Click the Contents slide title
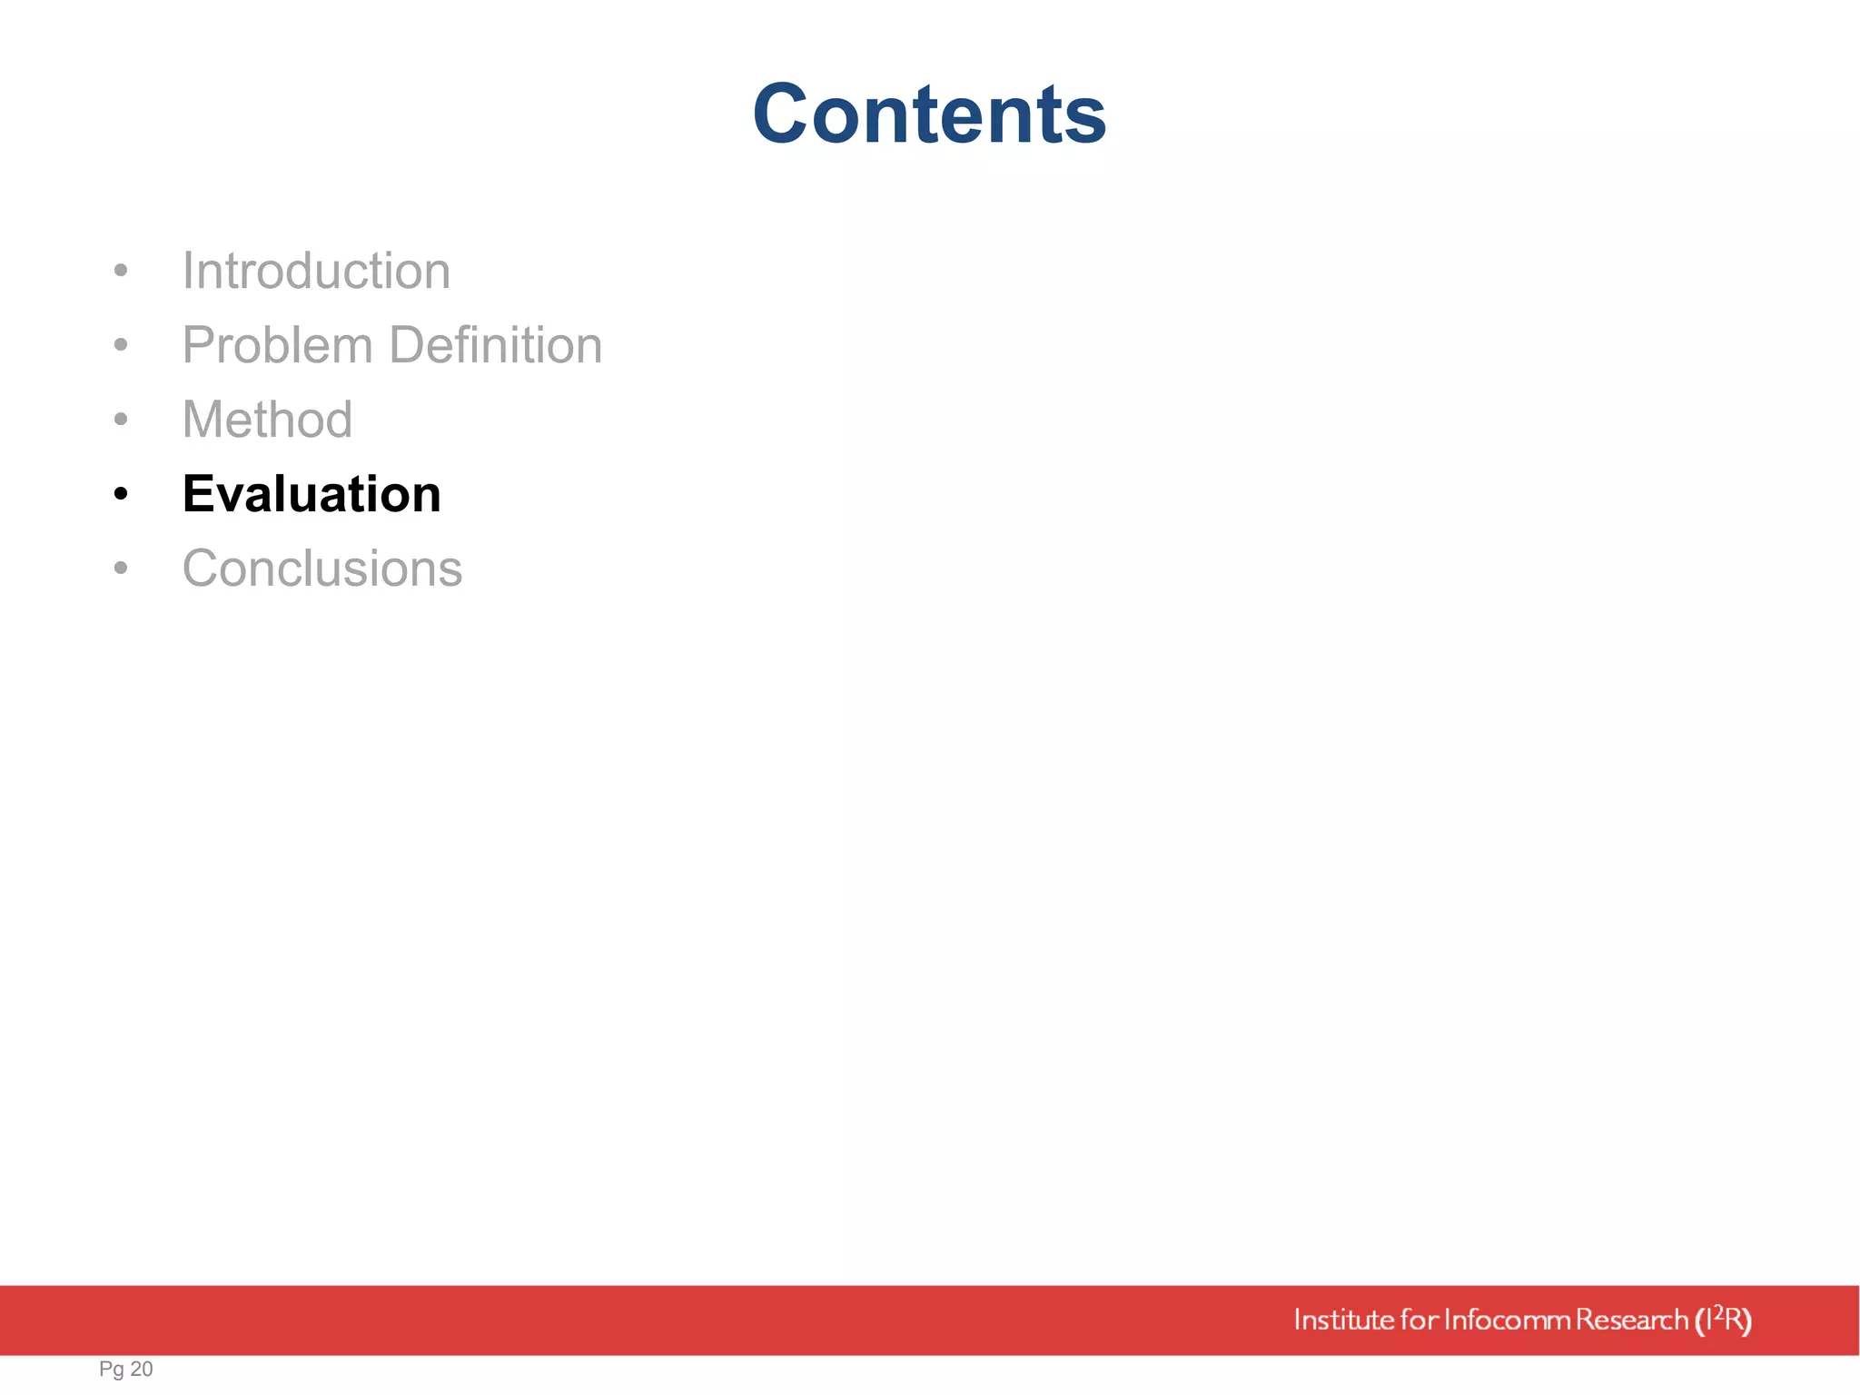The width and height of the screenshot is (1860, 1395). click(x=929, y=114)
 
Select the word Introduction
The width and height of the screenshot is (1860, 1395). click(x=316, y=271)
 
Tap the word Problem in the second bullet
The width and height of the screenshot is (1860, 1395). click(x=278, y=345)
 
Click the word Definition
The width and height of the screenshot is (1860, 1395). click(x=496, y=345)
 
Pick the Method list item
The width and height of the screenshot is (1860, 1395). click(x=267, y=420)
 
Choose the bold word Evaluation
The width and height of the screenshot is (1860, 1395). click(x=312, y=494)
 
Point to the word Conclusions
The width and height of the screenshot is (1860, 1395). click(x=322, y=569)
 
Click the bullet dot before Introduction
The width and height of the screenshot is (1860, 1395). click(x=121, y=271)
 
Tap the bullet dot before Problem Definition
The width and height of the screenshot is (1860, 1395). click(x=121, y=345)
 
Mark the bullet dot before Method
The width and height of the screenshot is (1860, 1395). click(x=121, y=420)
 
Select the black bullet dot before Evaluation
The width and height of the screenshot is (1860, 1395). click(x=121, y=495)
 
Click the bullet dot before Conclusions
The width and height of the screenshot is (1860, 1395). click(x=121, y=569)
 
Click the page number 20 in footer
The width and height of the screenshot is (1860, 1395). click(x=142, y=1369)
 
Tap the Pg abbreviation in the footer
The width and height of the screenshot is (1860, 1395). click(x=111, y=1370)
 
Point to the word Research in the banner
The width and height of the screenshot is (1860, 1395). click(x=1631, y=1320)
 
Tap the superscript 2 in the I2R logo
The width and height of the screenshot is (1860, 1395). click(x=1717, y=1311)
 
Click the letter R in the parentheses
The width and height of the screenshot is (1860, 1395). click(x=1734, y=1320)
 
